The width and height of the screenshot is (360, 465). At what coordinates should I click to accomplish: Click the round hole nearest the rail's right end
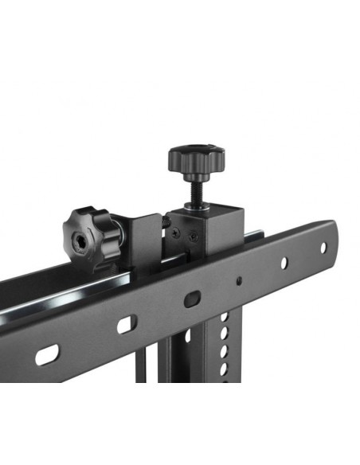pos(323,248)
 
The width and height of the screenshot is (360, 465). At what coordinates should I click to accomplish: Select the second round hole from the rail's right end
pos(281,263)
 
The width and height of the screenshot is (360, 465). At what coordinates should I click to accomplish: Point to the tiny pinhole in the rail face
pos(238,279)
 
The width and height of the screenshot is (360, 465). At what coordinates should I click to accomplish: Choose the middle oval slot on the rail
pos(126,325)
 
